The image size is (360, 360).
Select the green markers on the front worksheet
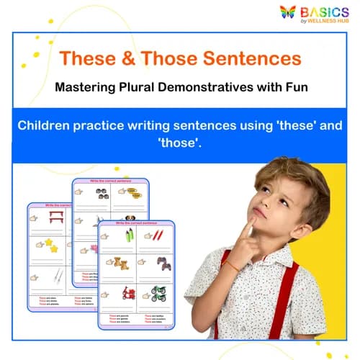pos(129,235)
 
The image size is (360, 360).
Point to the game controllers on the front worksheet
pos(165,263)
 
